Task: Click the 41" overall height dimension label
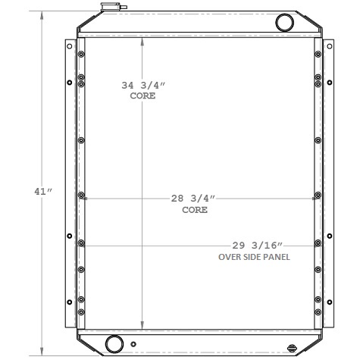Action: coord(42,191)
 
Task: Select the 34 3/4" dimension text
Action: coord(142,85)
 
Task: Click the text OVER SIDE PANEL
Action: coord(255,257)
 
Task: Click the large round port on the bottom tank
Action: coord(114,343)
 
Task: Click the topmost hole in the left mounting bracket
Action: coord(70,46)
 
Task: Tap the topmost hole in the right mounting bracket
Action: coord(330,46)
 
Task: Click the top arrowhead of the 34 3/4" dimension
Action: coord(142,39)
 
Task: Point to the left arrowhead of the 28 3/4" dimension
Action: coord(86,199)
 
